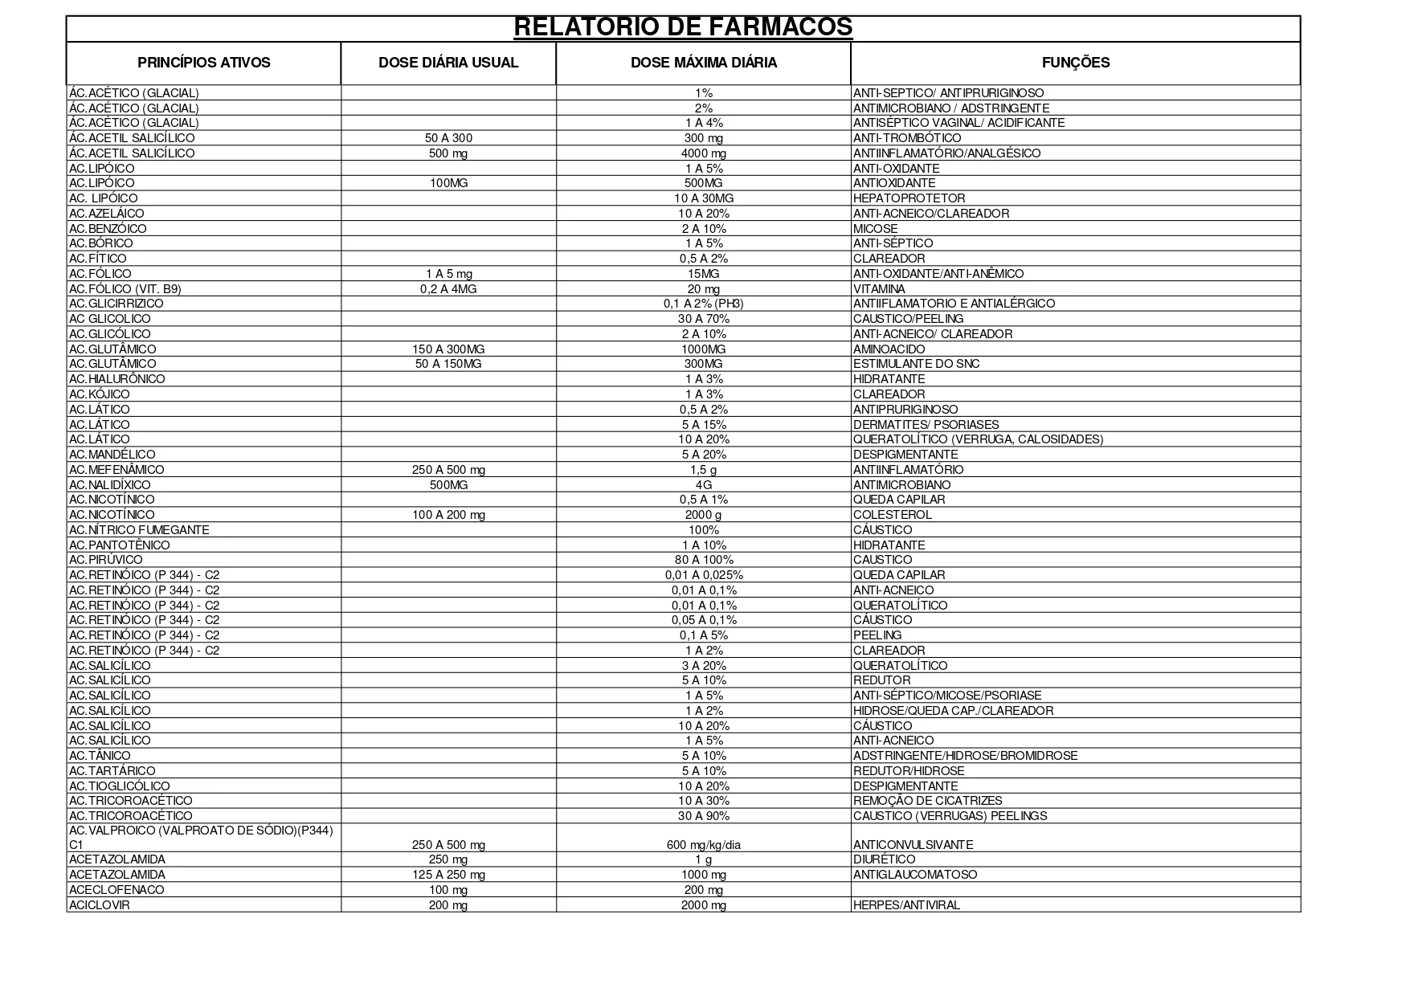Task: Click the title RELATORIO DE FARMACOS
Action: pyautogui.click(x=683, y=27)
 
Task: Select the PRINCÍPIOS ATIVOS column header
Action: pyautogui.click(x=204, y=63)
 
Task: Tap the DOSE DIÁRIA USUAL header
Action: pyautogui.click(x=448, y=63)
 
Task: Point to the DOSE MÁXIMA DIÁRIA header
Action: pyautogui.click(x=703, y=63)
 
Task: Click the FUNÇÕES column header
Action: pyautogui.click(x=1075, y=63)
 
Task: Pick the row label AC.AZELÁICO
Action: pyautogui.click(x=107, y=214)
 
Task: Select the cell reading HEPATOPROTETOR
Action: pyautogui.click(x=909, y=198)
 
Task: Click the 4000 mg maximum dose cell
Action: pyautogui.click(x=703, y=153)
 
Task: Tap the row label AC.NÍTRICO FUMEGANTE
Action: pyautogui.click(x=139, y=530)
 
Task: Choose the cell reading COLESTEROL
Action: pyautogui.click(x=892, y=515)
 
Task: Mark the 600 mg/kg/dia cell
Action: pyautogui.click(x=703, y=845)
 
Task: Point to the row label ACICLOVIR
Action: pyautogui.click(x=100, y=905)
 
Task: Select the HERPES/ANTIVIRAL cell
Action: pyautogui.click(x=906, y=905)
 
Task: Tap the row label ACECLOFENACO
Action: pyautogui.click(x=116, y=890)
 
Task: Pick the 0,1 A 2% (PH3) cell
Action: pyautogui.click(x=703, y=304)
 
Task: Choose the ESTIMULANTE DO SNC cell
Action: pyautogui.click(x=916, y=364)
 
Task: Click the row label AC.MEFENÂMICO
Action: pyautogui.click(x=116, y=470)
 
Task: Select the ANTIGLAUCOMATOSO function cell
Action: pyautogui.click(x=915, y=875)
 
